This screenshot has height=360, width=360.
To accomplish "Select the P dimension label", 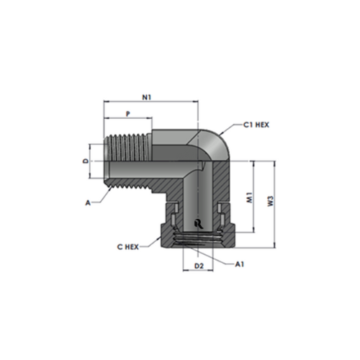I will (x=128, y=114).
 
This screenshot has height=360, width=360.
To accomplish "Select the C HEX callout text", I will (x=127, y=246).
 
